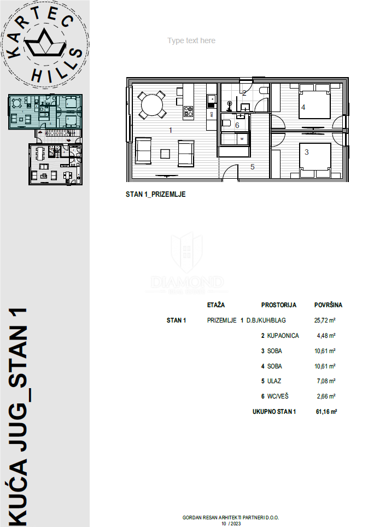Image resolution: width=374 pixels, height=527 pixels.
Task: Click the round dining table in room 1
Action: coord(153,104)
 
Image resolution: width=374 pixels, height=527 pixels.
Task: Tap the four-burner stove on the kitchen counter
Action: coord(188,111)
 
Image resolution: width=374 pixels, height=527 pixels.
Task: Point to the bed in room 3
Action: coord(315,159)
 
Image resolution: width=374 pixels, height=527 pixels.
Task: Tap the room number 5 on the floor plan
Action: coord(253,167)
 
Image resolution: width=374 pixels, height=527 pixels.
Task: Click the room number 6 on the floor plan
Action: coord(237,125)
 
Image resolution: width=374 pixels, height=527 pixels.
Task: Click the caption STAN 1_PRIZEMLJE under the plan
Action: coord(156,194)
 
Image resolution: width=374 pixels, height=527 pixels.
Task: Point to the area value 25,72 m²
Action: coord(325,320)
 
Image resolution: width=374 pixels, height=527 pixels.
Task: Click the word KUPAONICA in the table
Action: coord(283,336)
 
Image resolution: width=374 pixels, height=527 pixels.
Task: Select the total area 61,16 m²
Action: coord(325,412)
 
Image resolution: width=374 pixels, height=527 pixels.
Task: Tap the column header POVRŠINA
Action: coord(328,305)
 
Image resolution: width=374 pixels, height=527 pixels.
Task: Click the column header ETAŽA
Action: coord(216,305)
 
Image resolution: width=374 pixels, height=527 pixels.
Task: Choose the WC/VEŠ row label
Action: coord(279,396)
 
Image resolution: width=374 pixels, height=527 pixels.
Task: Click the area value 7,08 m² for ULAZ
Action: coord(326,381)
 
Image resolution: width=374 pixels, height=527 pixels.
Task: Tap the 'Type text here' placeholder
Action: coord(191,41)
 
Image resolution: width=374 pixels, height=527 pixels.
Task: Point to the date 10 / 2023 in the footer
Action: coord(231,523)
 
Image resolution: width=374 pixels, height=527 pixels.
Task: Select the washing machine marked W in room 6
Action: coord(241,139)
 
